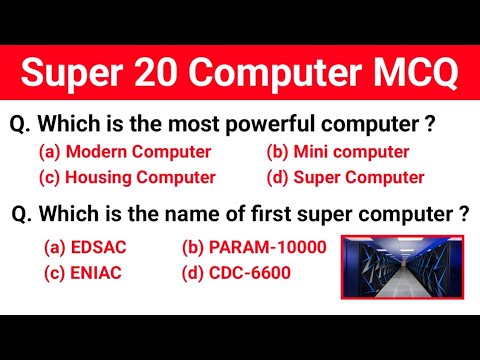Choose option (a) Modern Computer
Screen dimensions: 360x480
124,152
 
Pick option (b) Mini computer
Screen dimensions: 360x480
337,152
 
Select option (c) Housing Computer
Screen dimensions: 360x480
127,178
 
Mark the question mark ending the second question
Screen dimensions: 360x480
463,214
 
